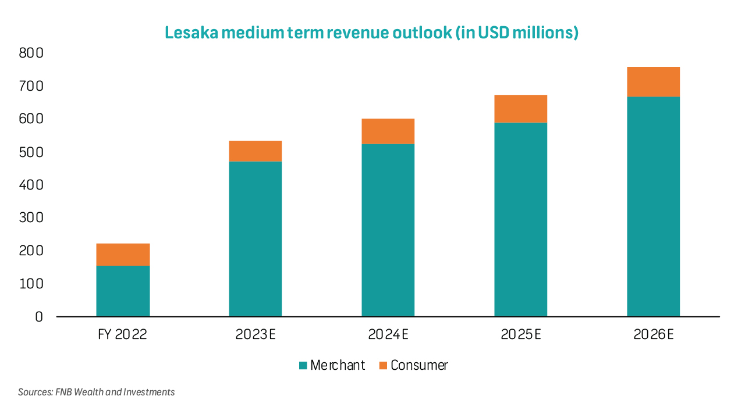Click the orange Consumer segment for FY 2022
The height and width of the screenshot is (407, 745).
point(123,255)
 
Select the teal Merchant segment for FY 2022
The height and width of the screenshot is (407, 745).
point(123,291)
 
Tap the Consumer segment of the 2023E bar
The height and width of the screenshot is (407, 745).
point(255,151)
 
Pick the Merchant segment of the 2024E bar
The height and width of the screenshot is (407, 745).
point(388,230)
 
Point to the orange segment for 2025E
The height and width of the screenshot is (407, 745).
point(520,109)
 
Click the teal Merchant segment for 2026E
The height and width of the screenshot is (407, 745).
point(653,206)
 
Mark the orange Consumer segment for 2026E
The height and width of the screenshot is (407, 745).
point(653,82)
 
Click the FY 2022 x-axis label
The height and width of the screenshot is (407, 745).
point(123,334)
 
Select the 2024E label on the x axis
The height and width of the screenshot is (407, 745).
point(388,334)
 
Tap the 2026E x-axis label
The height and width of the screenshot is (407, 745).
point(653,334)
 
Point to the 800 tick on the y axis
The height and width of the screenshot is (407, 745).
point(31,53)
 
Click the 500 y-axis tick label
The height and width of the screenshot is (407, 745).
point(31,152)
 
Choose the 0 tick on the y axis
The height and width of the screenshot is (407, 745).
point(39,317)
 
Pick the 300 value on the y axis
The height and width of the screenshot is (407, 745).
point(31,218)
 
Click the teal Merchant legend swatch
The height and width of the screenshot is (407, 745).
point(303,366)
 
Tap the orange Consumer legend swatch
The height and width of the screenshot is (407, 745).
point(383,366)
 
